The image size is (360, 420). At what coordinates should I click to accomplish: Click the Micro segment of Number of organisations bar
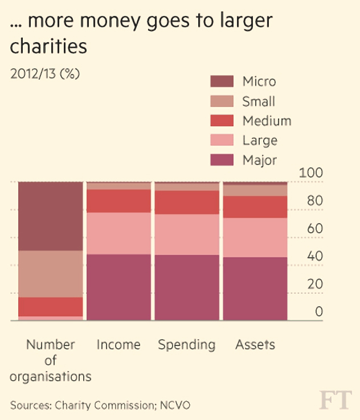(50, 216)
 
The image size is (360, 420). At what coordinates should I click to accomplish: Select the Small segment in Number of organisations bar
(50, 274)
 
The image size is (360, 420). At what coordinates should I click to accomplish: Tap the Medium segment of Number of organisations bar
(50, 307)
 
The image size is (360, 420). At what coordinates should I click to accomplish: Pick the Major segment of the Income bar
(118, 287)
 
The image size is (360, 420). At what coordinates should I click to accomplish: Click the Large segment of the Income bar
(118, 233)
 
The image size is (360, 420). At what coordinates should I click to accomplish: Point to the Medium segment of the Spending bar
(187, 203)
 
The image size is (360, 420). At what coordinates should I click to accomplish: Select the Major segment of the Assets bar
(255, 289)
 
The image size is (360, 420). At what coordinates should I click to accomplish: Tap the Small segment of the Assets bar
(255, 191)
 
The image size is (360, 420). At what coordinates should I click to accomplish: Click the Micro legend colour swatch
(222, 81)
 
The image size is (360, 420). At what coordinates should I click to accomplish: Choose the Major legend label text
(260, 160)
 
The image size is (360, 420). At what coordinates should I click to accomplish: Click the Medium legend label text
(267, 121)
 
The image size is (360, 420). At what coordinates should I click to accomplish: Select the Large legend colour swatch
(222, 140)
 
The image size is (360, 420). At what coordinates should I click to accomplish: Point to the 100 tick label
(311, 173)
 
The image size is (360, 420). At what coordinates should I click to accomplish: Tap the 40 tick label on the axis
(315, 256)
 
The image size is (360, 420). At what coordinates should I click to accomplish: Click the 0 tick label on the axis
(319, 311)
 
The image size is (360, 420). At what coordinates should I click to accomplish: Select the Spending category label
(187, 345)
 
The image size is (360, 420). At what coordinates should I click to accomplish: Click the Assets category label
(255, 344)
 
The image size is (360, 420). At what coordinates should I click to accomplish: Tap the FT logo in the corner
(336, 400)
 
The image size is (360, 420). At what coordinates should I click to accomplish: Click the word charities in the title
(48, 46)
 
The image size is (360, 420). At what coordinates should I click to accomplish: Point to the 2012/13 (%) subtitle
(45, 73)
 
